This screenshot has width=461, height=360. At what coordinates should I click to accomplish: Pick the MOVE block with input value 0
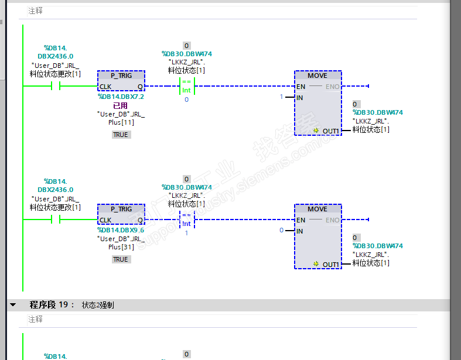(x=317, y=236)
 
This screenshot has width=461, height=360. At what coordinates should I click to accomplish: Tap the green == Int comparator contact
(x=186, y=86)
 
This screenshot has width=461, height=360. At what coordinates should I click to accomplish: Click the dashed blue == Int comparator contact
(x=186, y=220)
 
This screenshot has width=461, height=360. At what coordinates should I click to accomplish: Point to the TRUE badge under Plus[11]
(x=121, y=135)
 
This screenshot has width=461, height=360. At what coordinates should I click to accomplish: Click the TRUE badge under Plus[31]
(x=121, y=259)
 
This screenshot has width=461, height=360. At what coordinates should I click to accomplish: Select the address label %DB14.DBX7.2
(x=121, y=97)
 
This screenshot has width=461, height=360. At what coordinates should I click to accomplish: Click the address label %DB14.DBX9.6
(x=121, y=230)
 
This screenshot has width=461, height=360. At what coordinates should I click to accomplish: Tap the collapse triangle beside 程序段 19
(x=12, y=305)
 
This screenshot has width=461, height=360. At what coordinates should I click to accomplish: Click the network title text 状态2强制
(x=98, y=305)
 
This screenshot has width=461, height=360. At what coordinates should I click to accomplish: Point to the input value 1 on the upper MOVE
(x=281, y=97)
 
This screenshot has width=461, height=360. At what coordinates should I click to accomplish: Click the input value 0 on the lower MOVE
(x=281, y=230)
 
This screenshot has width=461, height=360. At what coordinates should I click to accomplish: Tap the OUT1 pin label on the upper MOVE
(x=331, y=131)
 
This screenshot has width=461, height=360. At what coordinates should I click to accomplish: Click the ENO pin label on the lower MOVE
(x=333, y=220)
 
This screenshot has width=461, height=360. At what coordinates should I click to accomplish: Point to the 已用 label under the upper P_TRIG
(x=121, y=105)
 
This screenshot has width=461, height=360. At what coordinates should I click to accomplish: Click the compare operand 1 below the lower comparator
(x=186, y=233)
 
